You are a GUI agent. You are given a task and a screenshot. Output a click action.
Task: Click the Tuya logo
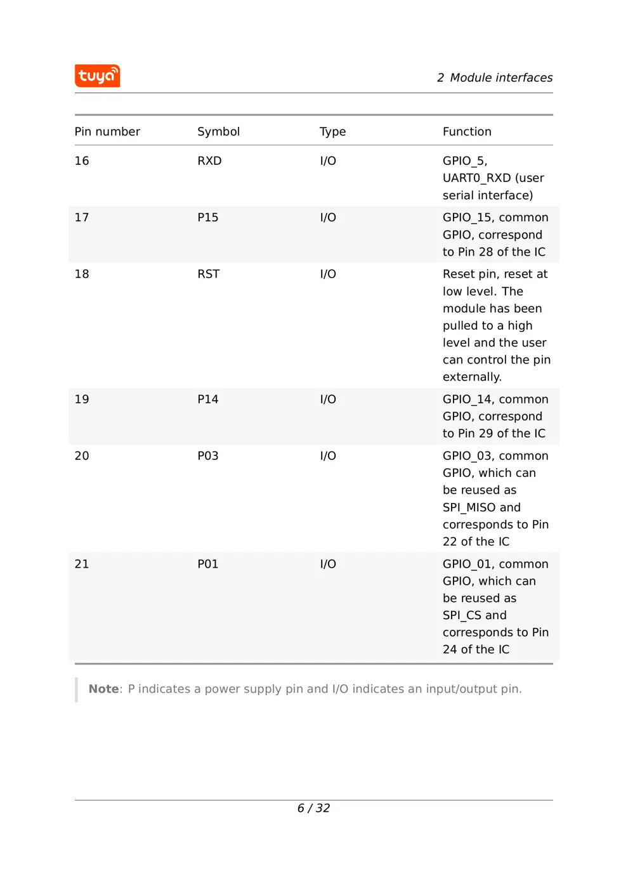click(97, 76)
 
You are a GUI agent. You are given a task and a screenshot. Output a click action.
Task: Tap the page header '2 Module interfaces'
click(494, 78)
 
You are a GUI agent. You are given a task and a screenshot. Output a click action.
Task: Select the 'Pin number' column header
click(107, 132)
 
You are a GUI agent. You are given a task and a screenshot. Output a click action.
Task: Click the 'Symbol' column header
click(218, 132)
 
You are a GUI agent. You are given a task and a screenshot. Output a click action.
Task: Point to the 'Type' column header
click(332, 132)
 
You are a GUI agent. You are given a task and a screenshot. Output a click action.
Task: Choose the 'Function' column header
click(467, 132)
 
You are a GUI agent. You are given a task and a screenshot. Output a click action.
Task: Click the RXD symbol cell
click(209, 161)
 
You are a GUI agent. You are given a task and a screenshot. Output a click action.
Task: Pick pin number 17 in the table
click(82, 218)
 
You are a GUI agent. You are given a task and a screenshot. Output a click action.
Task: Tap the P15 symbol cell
click(207, 218)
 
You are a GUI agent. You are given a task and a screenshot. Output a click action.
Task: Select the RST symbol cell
click(208, 274)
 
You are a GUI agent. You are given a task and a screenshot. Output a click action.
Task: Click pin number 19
click(82, 400)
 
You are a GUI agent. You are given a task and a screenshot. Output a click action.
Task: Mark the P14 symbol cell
click(207, 400)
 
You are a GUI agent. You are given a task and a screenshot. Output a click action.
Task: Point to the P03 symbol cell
click(207, 456)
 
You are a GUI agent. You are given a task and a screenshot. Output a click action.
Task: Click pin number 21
click(82, 565)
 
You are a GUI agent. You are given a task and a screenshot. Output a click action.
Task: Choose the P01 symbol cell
click(207, 565)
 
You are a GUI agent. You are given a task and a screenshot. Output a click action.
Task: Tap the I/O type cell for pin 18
click(328, 274)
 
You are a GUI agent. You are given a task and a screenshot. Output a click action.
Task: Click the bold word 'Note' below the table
click(103, 689)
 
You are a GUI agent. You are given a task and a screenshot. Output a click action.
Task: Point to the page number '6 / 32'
click(313, 808)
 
